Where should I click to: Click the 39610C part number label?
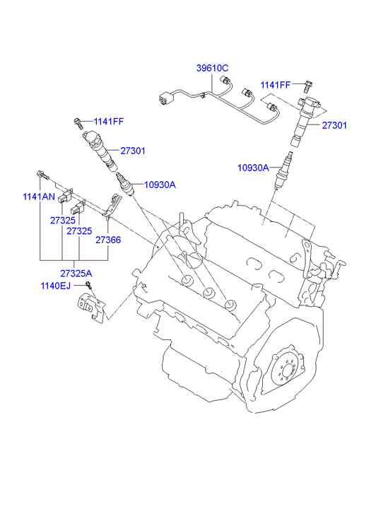(212, 68)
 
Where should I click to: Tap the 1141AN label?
(39, 197)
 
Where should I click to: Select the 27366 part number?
(108, 240)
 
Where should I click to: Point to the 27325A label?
(76, 273)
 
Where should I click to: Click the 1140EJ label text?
(55, 286)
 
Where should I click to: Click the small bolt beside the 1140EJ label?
(88, 285)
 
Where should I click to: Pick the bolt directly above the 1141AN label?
(43, 175)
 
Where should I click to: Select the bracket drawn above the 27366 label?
(112, 205)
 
